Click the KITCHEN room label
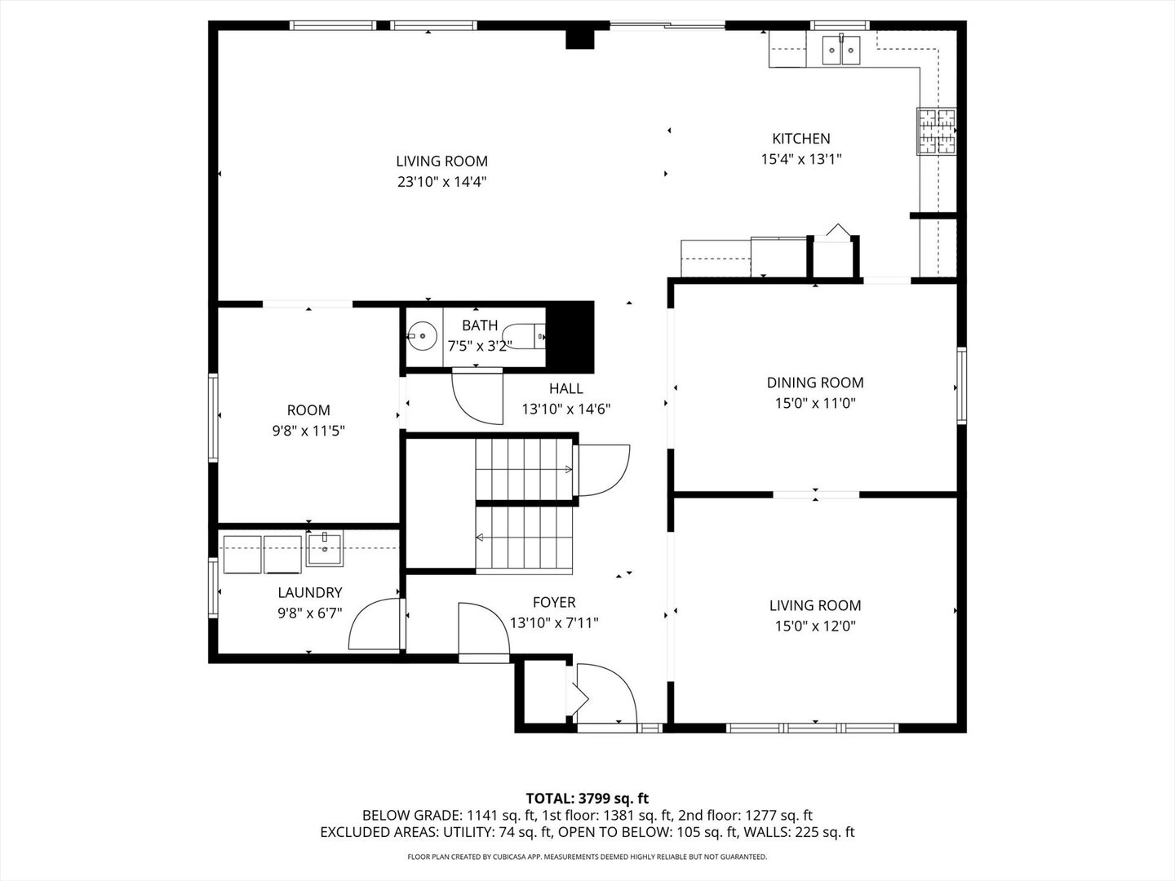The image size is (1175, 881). pos(800,139)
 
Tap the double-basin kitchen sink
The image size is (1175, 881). pos(840,51)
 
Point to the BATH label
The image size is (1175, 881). pos(479,325)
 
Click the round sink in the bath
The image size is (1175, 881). pos(422,336)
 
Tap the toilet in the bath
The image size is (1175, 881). pos(525,336)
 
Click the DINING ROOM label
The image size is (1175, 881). pos(814,383)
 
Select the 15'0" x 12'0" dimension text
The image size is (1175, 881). pos(814,626)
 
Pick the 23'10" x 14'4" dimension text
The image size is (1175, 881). pos(441,182)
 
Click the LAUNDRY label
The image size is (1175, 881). pos(309,593)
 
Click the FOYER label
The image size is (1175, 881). pos(553,603)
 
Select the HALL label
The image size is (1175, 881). pos(565,389)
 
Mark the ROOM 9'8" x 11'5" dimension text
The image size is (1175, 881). pos(308,431)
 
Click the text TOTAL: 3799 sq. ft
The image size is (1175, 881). pos(587,798)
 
